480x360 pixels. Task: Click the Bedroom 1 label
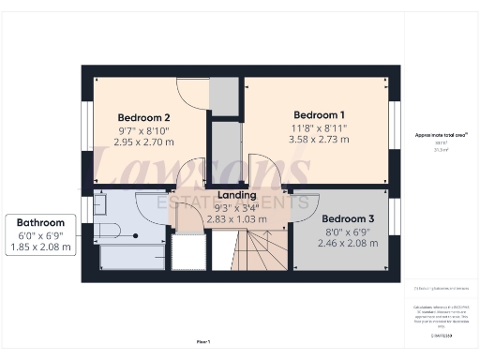pos(314,113)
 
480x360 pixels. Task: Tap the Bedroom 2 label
pos(143,117)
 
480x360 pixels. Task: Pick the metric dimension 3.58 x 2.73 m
pos(315,140)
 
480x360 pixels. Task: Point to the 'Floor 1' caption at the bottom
pos(203,342)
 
